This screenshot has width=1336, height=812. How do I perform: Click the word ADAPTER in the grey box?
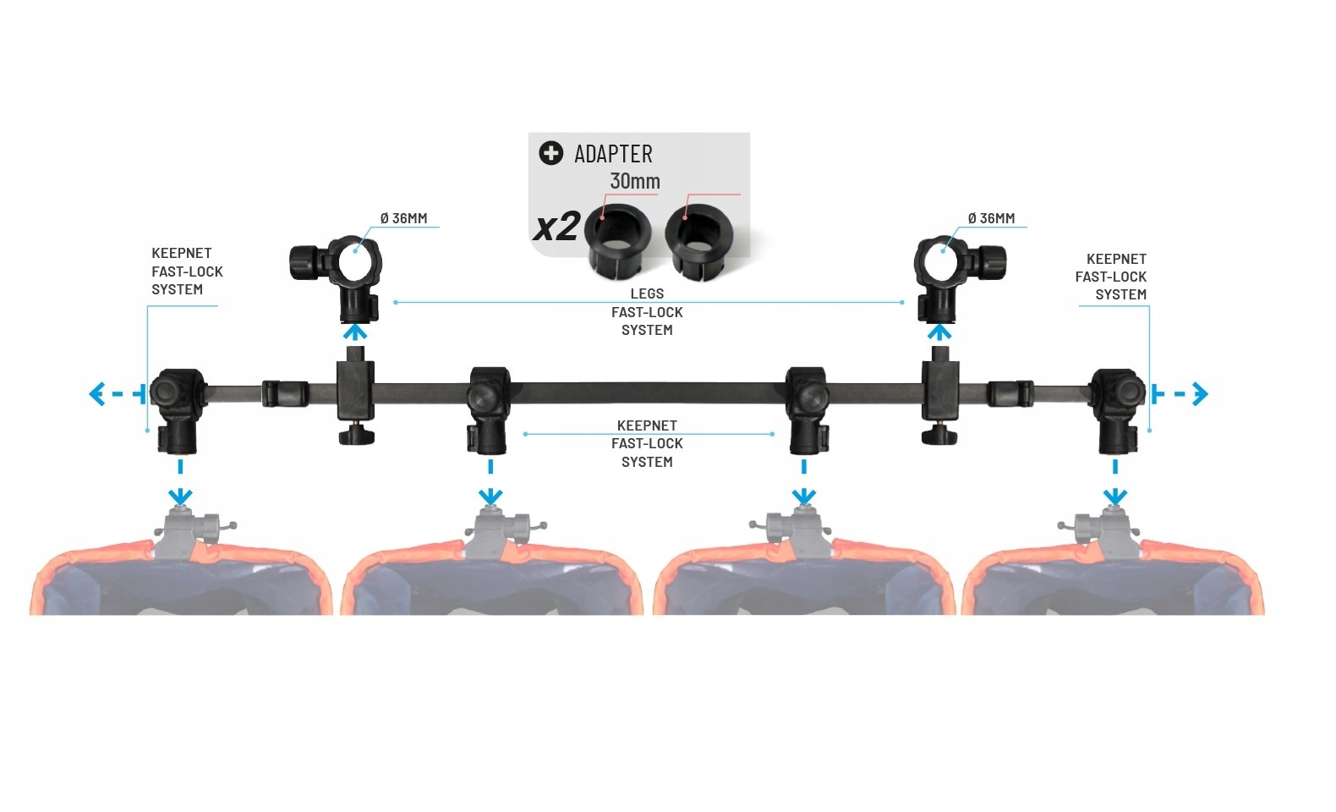click(613, 154)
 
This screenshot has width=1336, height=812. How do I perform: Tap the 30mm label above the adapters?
click(634, 181)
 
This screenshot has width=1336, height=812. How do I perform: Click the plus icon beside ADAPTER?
click(550, 153)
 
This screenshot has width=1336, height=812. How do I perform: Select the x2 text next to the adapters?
click(556, 228)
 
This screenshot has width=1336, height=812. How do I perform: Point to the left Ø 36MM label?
click(403, 218)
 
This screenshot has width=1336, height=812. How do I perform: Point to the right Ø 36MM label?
click(991, 218)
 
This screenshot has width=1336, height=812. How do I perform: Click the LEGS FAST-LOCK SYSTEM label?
click(647, 312)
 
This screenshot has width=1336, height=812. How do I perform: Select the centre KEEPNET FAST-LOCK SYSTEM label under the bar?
click(647, 443)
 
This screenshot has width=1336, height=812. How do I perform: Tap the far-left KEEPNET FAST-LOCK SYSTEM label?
click(187, 271)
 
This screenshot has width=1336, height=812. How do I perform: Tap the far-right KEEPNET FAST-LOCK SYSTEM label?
click(1111, 277)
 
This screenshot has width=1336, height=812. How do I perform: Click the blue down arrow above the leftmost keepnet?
click(180, 494)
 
